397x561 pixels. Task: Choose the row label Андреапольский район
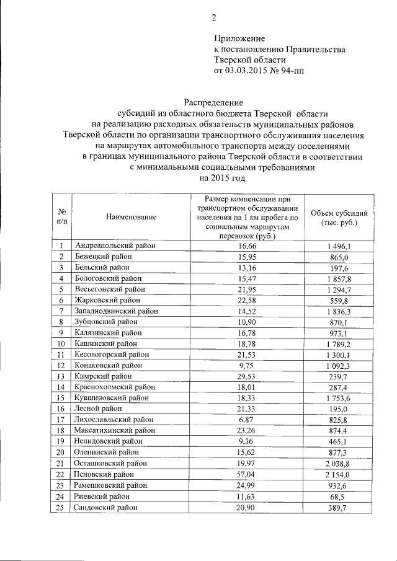[115, 247]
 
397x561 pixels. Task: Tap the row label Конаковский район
[110, 366]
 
